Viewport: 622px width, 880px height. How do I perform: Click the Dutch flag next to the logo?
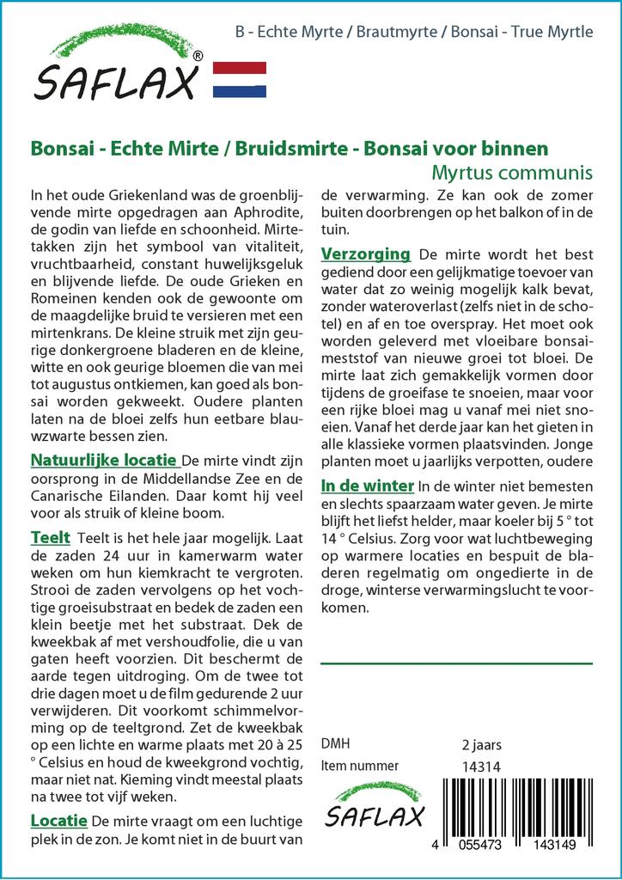pos(240,79)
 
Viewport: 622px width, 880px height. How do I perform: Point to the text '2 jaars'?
pos(481,744)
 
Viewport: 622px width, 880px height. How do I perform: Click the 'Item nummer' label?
pos(359,766)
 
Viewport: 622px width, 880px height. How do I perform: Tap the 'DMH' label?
pos(335,744)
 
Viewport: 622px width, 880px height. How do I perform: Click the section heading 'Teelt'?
pos(50,537)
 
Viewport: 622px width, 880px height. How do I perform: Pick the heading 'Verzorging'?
pos(365,254)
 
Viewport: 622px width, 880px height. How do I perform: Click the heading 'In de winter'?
pos(367,486)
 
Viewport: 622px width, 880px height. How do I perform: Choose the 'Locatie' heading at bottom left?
pos(58,820)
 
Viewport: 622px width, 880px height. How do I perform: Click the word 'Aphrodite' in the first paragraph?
pos(263,213)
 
